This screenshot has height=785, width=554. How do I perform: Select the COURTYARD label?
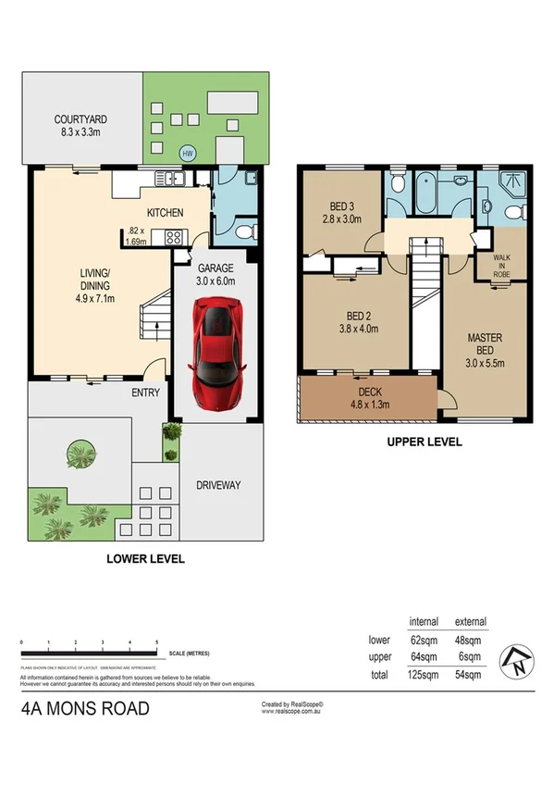pos(81,125)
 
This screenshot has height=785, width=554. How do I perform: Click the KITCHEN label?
pos(165,213)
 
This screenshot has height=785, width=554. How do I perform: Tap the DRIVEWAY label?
pos(219,485)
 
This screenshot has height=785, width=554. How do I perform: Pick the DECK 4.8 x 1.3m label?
pos(369,397)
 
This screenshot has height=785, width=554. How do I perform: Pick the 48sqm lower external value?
pos(470,639)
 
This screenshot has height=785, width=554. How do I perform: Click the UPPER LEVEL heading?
pos(424,442)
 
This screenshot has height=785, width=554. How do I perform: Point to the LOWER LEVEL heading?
pos(145,558)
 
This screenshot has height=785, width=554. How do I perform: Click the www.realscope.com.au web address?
pos(291,713)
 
